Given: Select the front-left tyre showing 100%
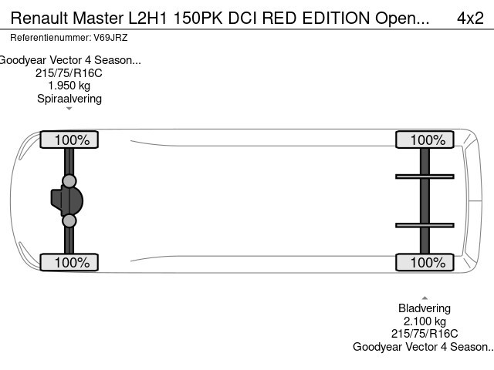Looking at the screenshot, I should tap(69, 140).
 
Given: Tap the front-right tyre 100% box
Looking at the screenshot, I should tap(69, 262).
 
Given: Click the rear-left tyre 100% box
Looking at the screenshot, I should tap(424, 140).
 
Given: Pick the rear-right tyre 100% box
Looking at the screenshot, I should tap(424, 262).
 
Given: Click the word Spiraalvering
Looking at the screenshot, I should tap(69, 98).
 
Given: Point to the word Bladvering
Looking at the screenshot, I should tap(425, 308).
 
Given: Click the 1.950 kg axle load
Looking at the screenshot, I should tap(69, 86).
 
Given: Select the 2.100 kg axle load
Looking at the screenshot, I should tap(425, 321).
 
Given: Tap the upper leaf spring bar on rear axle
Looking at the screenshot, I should tap(424, 177).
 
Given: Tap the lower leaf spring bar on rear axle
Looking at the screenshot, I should tap(424, 225).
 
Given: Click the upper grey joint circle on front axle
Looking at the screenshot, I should tap(69, 181).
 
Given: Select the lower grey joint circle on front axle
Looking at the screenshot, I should tap(69, 221).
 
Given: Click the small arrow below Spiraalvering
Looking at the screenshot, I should tap(69, 109).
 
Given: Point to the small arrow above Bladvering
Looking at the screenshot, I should tap(425, 298).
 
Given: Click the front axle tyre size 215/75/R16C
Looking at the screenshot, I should tap(69, 73).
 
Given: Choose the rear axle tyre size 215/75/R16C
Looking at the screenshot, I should tap(425, 334).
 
